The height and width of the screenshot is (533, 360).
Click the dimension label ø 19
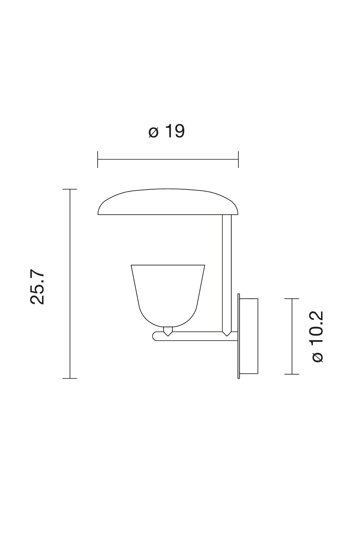click(x=166, y=131)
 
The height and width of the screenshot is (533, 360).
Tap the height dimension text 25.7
click(x=37, y=287)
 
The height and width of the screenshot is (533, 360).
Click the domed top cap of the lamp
click(x=168, y=202)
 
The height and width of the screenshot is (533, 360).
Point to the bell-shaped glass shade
click(x=168, y=295)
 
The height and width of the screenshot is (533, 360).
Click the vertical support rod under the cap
click(x=226, y=273)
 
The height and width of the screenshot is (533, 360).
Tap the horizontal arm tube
click(x=195, y=336)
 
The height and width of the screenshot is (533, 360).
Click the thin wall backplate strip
click(x=238, y=336)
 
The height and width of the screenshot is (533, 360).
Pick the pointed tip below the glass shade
click(x=168, y=335)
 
